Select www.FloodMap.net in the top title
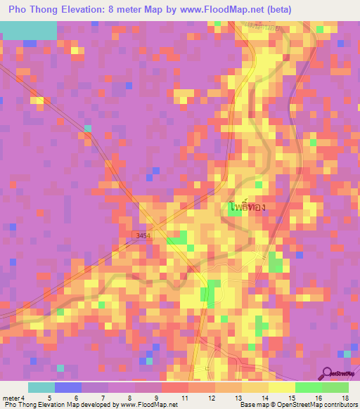click(x=226, y=10)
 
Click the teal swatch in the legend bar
click(x=41, y=387)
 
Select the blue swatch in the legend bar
click(x=68, y=387)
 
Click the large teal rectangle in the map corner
click(x=28, y=30)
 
